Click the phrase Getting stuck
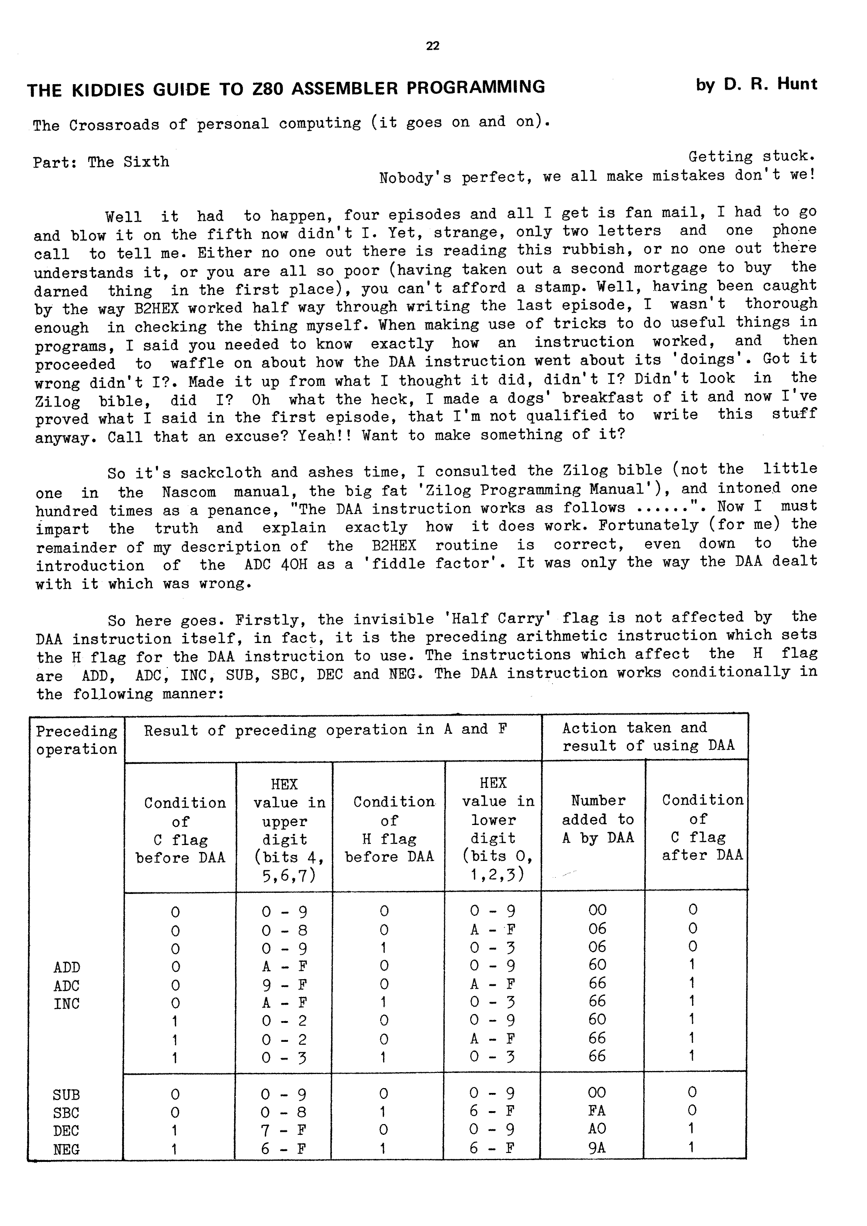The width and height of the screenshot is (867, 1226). coord(751,156)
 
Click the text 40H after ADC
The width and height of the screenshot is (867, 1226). coord(294,564)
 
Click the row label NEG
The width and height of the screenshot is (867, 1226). coord(66,1149)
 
